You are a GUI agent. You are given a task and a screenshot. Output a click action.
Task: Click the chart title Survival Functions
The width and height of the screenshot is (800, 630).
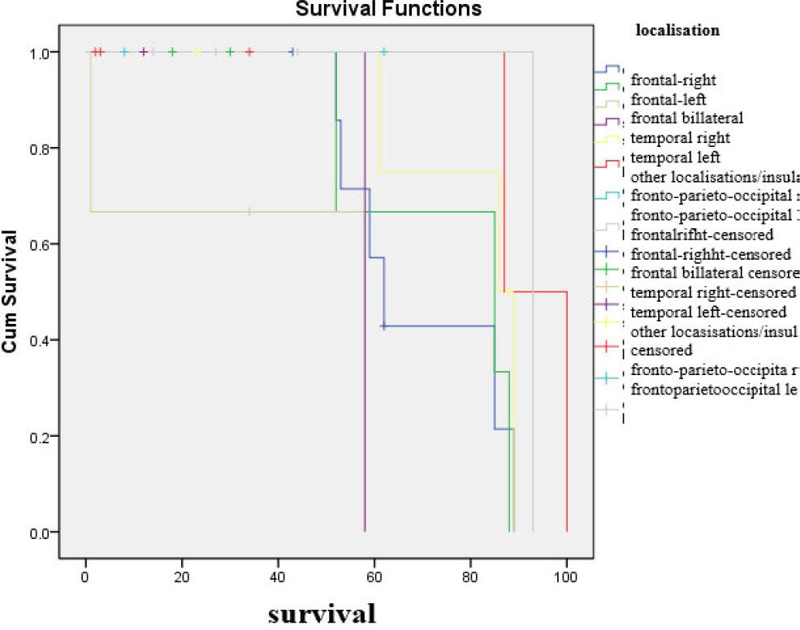pos(387,10)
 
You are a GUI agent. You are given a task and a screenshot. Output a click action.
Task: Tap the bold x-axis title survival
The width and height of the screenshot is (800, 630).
pos(322,611)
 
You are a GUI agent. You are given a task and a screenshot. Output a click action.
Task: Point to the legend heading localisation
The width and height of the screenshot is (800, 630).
pos(677,31)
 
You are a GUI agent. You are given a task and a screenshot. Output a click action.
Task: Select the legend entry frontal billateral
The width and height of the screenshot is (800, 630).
pos(686,119)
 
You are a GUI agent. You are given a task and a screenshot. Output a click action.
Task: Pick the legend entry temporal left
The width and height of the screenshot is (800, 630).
pos(676,157)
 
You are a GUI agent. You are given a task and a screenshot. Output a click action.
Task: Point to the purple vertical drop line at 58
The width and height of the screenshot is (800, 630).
pos(365,292)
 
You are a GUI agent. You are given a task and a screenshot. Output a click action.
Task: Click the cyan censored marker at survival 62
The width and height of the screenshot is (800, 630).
pos(384,53)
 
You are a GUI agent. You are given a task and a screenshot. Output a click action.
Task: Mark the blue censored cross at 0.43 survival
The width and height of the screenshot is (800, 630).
pos(383,326)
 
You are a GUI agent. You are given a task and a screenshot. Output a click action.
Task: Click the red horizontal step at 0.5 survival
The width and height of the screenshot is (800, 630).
pos(536,292)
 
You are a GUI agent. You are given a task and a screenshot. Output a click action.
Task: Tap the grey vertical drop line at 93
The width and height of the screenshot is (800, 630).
pos(533,292)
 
